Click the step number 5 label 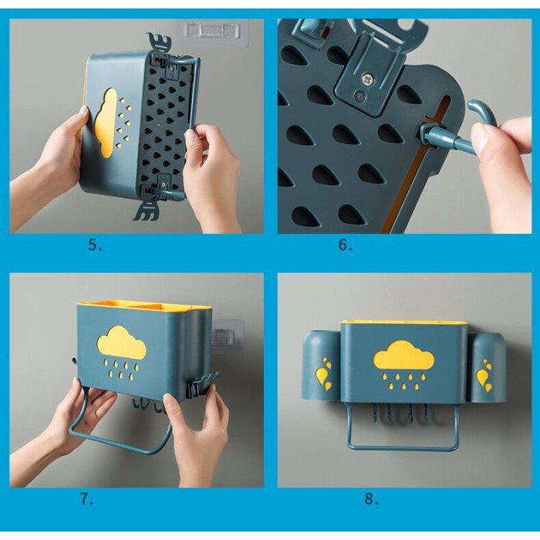point(95,245)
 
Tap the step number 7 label point(86,498)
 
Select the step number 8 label point(371,498)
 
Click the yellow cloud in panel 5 point(106,122)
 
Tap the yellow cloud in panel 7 point(122,343)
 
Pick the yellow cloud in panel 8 point(403,356)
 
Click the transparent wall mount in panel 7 point(227,337)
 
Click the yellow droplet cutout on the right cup point(484,376)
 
